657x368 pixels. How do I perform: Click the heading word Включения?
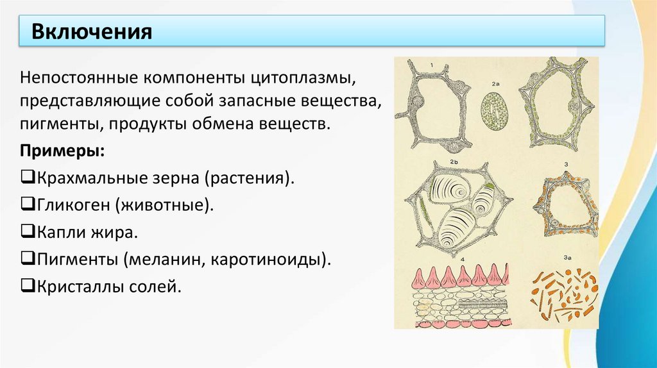(x=92, y=31)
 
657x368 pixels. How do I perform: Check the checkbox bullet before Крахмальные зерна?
(x=26, y=176)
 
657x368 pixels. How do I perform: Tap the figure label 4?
(x=463, y=259)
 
